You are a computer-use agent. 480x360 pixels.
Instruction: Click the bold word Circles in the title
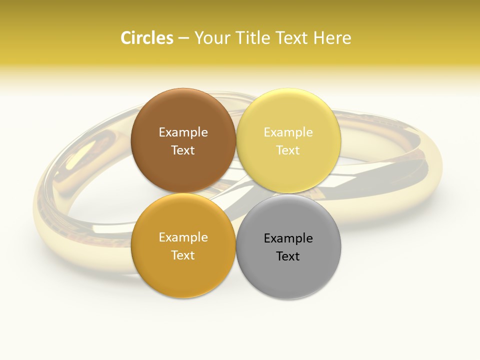(146, 38)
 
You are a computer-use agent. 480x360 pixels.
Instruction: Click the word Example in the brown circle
(183, 132)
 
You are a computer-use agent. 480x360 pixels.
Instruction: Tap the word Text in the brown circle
(183, 150)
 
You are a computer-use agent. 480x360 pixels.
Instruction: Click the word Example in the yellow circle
(288, 132)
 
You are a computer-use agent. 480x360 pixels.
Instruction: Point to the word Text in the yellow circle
(288, 150)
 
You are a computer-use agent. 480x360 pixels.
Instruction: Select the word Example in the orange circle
(183, 237)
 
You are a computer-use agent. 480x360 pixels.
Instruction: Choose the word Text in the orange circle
(183, 255)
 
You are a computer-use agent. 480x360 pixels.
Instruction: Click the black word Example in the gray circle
(288, 238)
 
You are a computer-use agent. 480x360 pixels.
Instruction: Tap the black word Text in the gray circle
(288, 256)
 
